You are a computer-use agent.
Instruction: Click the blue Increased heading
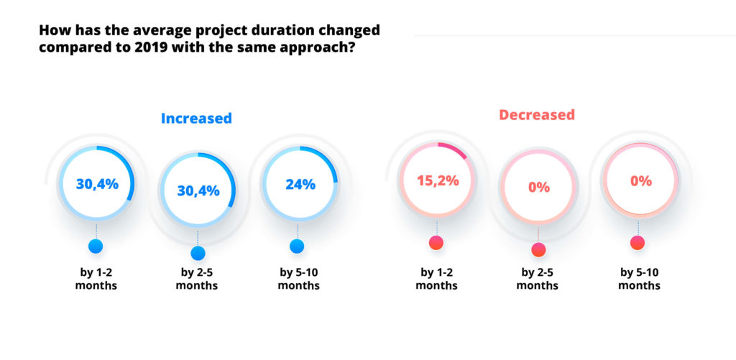(196, 119)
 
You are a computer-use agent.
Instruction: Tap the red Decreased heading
(537, 114)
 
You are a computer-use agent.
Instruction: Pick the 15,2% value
(436, 180)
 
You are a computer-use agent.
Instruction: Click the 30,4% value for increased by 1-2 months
(97, 184)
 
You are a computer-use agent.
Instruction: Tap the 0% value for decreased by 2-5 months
(538, 188)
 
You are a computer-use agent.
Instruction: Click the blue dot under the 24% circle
(297, 246)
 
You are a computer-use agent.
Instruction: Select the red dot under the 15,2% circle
(436, 243)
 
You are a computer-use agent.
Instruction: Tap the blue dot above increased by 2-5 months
(198, 253)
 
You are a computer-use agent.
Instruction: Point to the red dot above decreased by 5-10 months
(638, 243)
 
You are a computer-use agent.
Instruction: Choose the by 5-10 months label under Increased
(298, 279)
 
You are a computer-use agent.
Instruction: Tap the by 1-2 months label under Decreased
(436, 279)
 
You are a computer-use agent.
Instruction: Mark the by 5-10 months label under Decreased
(640, 279)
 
